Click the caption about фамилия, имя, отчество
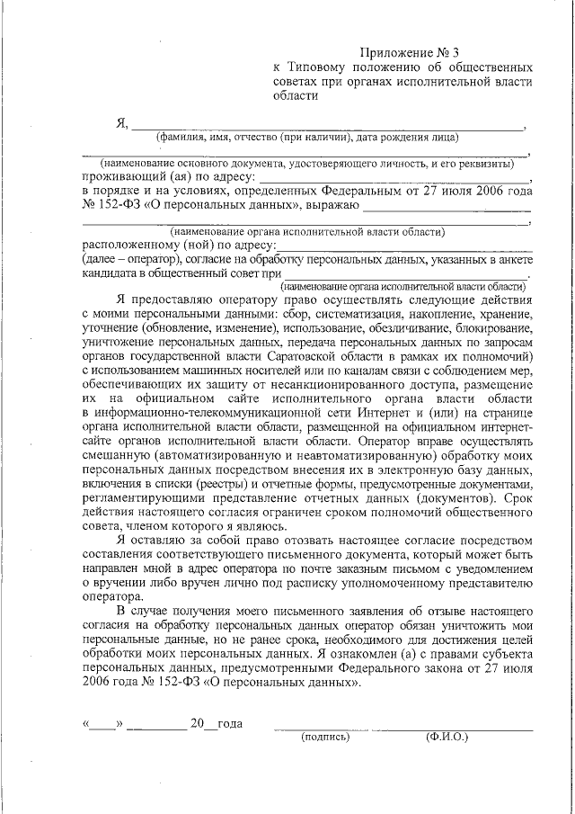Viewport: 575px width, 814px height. [x=307, y=138]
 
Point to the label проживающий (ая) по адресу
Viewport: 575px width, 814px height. [x=165, y=177]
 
